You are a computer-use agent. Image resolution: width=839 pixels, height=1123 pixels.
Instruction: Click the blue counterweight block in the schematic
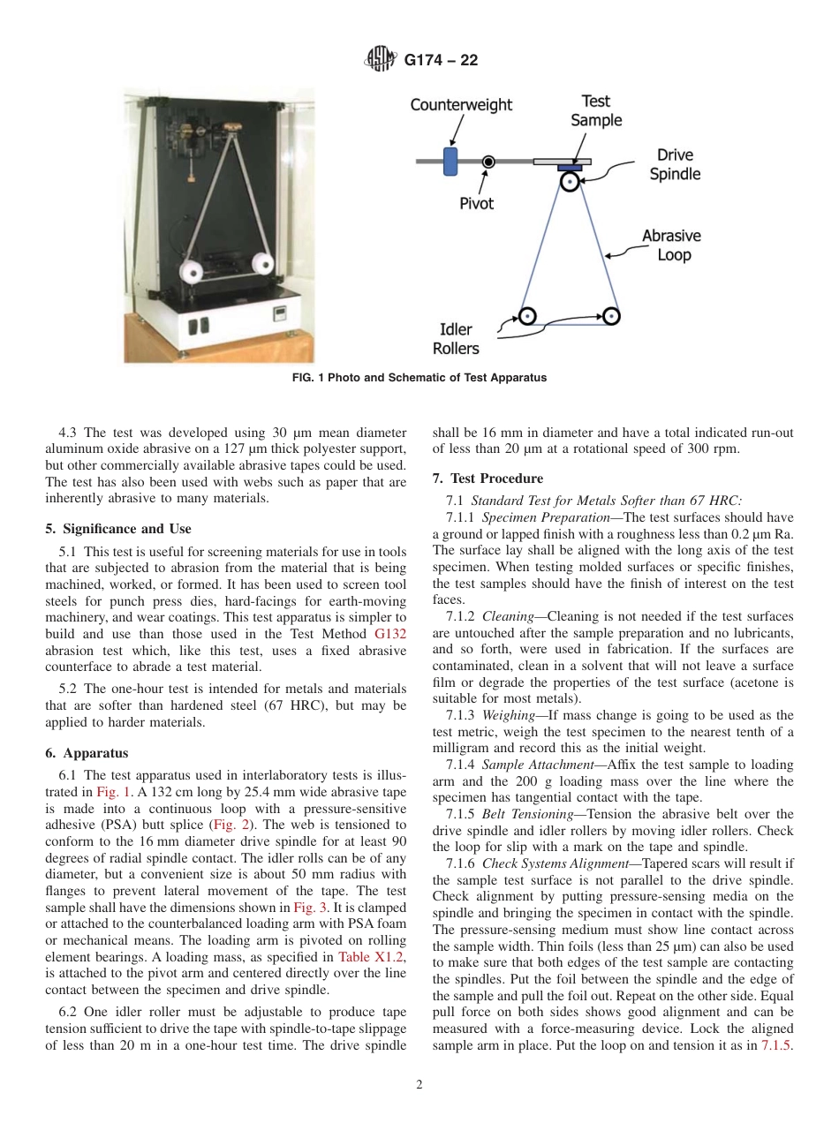[x=450, y=162]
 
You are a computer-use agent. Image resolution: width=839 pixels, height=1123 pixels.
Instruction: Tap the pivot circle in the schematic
[x=488, y=162]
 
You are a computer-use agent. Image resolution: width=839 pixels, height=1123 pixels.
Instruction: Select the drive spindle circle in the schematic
[x=570, y=183]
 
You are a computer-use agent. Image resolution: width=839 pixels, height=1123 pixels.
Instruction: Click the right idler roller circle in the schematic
[x=609, y=315]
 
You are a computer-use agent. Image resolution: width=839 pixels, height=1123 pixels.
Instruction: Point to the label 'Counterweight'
[x=461, y=105]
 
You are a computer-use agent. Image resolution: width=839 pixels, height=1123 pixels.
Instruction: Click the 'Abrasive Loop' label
[x=671, y=245]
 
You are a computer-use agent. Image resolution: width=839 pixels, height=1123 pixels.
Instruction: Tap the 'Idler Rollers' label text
[x=456, y=339]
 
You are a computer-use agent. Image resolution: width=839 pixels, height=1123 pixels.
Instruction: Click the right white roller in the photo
[x=262, y=263]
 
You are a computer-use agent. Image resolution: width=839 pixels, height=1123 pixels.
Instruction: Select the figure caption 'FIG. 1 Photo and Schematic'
[x=419, y=378]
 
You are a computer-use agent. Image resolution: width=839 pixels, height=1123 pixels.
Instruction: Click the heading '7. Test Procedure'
[x=488, y=479]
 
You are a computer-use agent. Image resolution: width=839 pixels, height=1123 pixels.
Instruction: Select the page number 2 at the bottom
[x=419, y=1085]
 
